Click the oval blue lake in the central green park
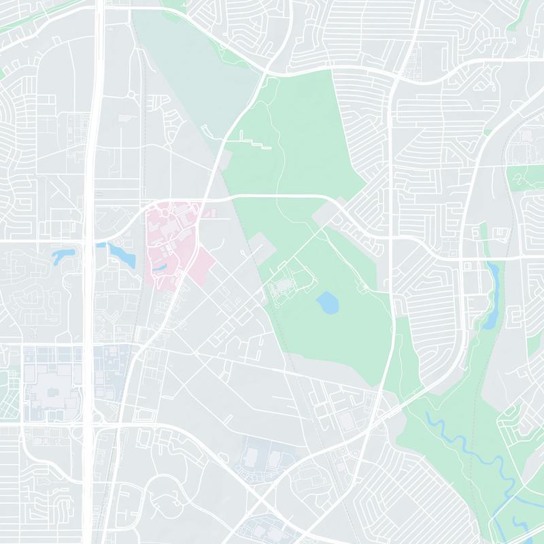coord(327,302)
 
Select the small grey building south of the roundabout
coord(126,118)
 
